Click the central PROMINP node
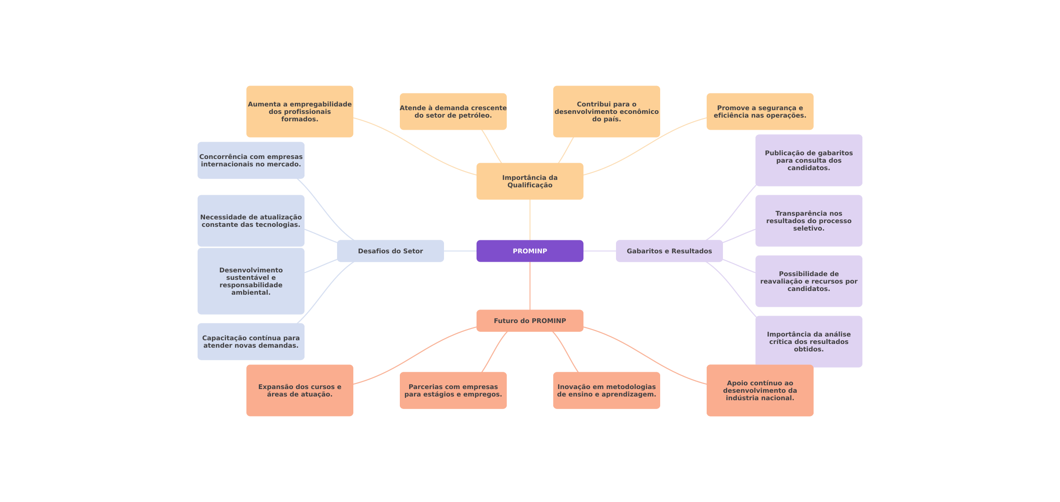click(x=530, y=251)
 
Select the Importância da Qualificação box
click(x=530, y=181)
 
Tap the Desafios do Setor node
click(x=390, y=251)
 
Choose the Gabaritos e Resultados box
click(x=669, y=251)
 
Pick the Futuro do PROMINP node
click(x=530, y=321)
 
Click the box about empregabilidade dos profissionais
click(x=299, y=112)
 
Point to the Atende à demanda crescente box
click(x=453, y=112)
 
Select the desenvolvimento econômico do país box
click(x=606, y=112)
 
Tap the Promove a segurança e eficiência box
click(x=760, y=112)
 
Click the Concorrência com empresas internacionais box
click(x=251, y=160)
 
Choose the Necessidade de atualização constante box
click(x=251, y=221)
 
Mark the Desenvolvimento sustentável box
click(x=251, y=281)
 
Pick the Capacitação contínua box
click(x=251, y=342)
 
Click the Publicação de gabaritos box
click(x=808, y=160)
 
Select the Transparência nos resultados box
click(x=808, y=221)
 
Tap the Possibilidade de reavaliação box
click(x=808, y=281)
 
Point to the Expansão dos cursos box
click(x=299, y=390)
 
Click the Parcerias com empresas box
click(x=453, y=390)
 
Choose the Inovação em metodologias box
click(x=606, y=390)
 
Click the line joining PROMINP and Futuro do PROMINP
click(x=530, y=286)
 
